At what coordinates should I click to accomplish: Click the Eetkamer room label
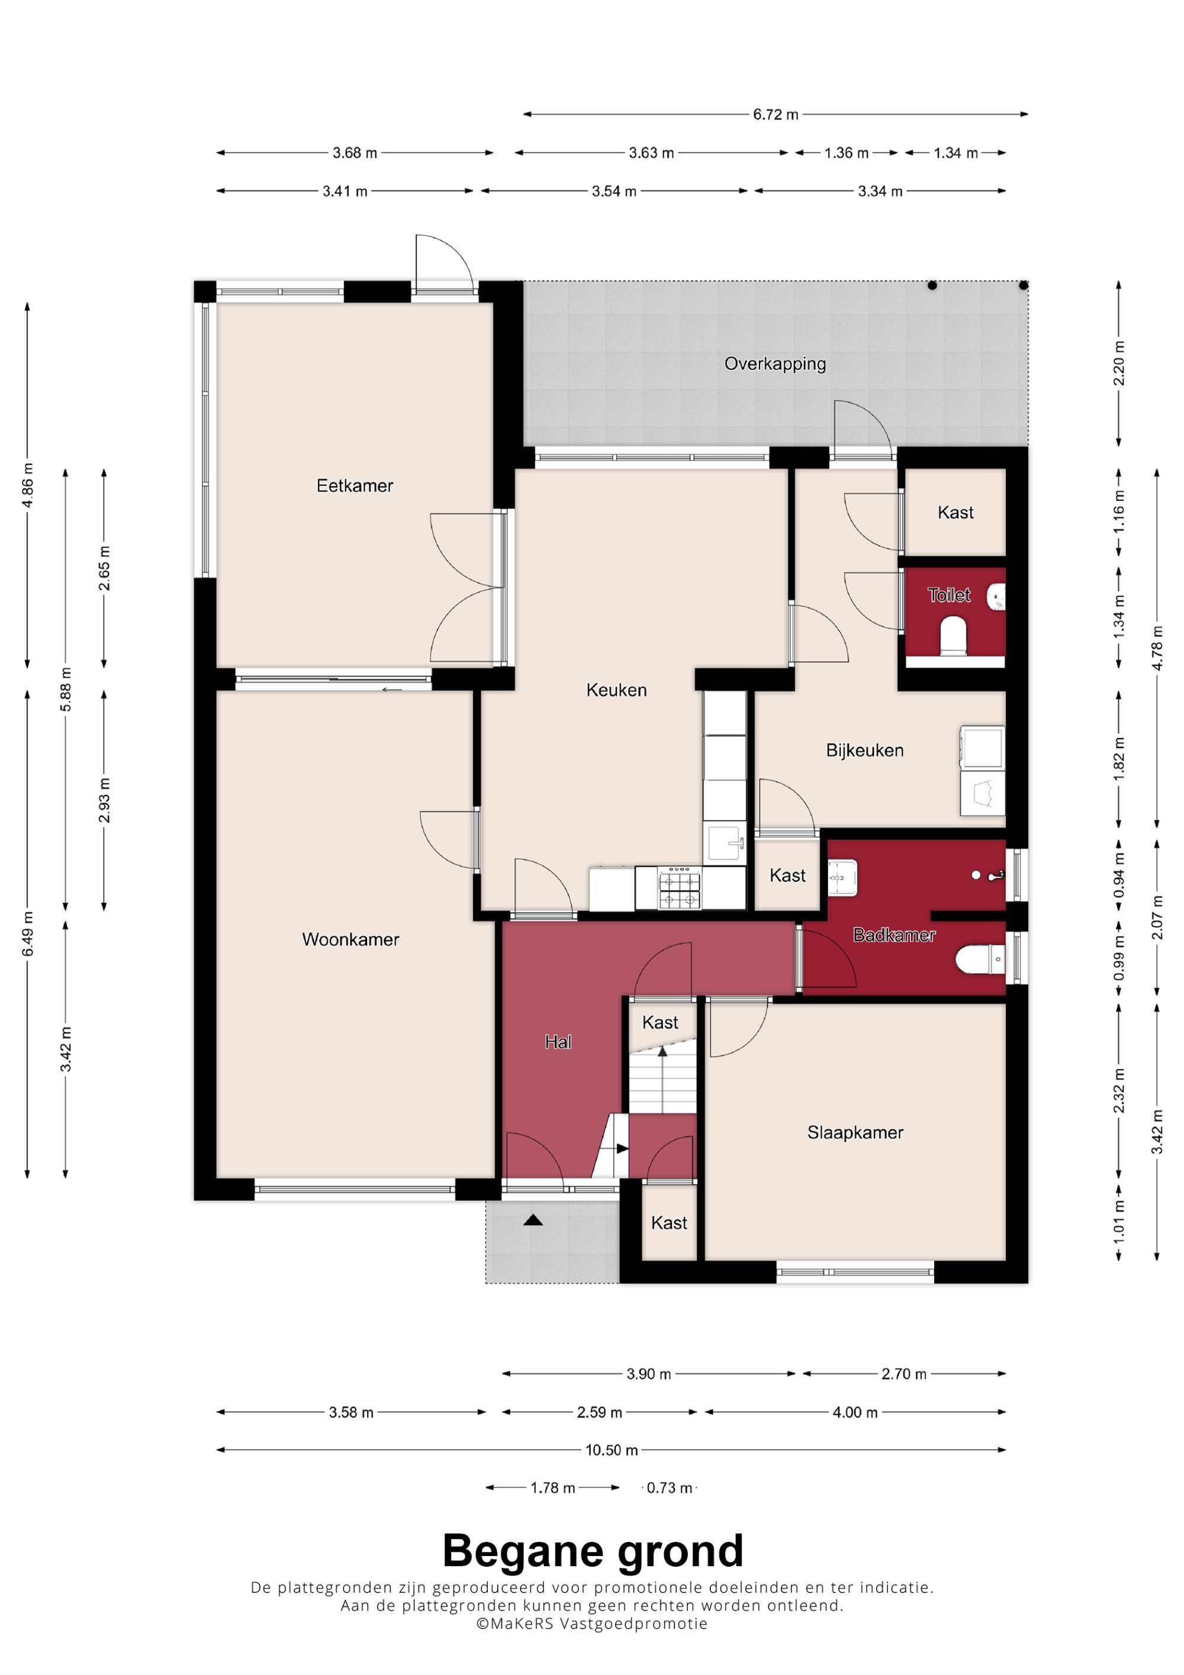tap(355, 486)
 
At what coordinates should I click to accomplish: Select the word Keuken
tap(616, 690)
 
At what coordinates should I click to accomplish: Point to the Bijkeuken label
tap(864, 750)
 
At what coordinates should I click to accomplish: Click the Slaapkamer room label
tap(855, 1133)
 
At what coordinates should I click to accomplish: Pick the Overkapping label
tap(775, 364)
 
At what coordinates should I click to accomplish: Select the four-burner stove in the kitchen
tap(679, 888)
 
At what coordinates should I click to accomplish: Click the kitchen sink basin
tap(726, 844)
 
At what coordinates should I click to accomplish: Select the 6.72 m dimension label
tap(776, 115)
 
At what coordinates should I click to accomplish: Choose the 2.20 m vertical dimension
tap(1119, 363)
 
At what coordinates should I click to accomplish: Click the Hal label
tap(558, 1042)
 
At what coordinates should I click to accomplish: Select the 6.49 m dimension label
tap(28, 935)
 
